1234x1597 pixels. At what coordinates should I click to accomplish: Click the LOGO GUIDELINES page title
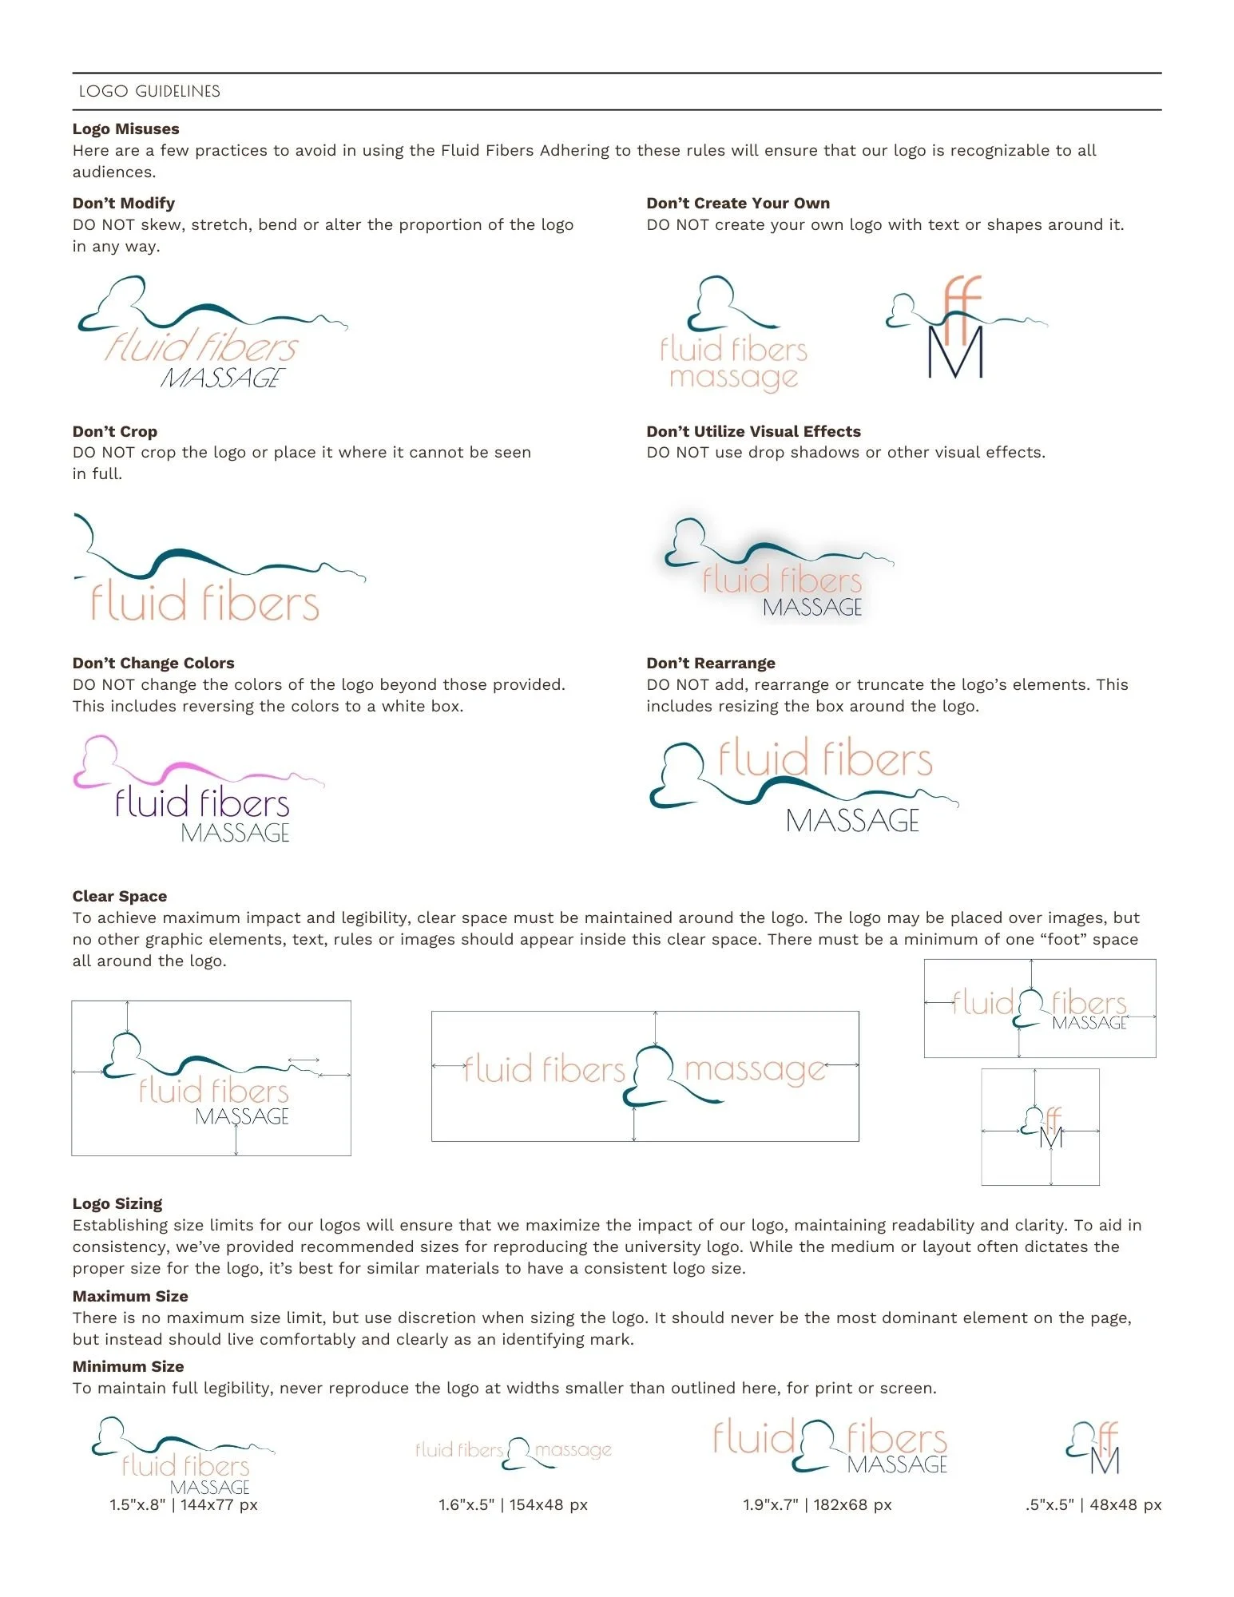point(149,91)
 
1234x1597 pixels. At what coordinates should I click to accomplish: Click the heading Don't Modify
point(124,203)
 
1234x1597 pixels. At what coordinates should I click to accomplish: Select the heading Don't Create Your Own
point(738,203)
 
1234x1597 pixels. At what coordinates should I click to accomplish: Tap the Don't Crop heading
point(115,431)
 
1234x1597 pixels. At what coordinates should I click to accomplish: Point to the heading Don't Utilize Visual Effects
point(753,431)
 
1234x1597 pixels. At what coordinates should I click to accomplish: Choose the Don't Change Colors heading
point(153,663)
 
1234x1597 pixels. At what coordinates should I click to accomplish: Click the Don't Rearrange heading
point(711,663)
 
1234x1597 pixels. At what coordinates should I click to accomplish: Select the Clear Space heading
point(120,896)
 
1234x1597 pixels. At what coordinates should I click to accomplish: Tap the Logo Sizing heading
point(117,1203)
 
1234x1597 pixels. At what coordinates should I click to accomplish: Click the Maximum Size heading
point(130,1296)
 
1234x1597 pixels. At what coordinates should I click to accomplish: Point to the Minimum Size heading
point(129,1366)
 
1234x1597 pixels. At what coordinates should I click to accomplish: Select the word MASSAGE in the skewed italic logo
point(223,378)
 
